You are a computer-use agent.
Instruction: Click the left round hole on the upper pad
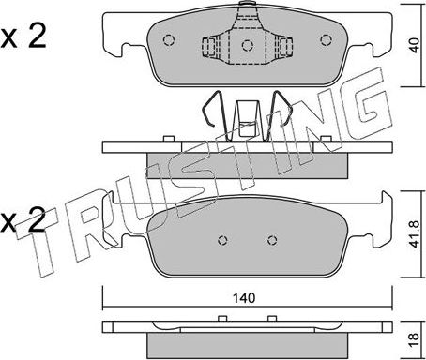tap(169, 39)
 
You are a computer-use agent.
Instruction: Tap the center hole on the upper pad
tap(247, 43)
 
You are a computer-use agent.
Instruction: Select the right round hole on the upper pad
tap(326, 39)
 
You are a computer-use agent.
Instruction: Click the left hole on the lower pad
tap(222, 236)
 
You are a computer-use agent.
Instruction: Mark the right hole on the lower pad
tap(272, 236)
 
